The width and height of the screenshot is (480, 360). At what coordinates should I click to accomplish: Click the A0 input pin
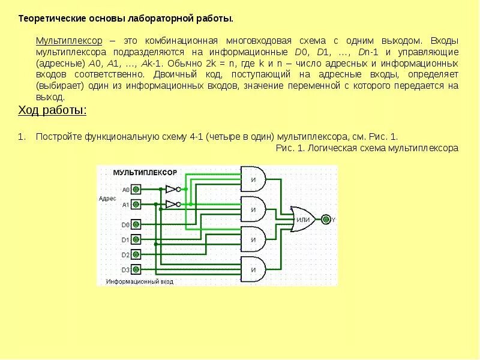tap(136, 190)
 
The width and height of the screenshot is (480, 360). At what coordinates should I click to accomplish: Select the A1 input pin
tap(136, 205)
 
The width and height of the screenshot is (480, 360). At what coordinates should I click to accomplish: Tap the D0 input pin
tap(136, 225)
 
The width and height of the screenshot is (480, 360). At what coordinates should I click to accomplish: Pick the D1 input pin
tap(136, 239)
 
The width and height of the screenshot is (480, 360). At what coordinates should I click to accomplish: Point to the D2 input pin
tap(136, 254)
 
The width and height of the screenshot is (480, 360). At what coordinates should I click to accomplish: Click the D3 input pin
tap(136, 269)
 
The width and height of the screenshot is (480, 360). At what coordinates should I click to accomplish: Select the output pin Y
tap(326, 220)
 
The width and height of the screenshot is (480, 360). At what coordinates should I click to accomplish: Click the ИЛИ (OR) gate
tap(303, 220)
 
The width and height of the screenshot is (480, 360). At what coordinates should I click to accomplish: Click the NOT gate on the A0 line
tap(172, 189)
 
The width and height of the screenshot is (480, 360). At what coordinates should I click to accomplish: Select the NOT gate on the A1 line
tap(172, 204)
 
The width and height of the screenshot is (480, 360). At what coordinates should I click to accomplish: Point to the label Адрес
tap(109, 197)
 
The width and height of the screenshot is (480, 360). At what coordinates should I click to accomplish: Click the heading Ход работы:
tap(52, 110)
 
